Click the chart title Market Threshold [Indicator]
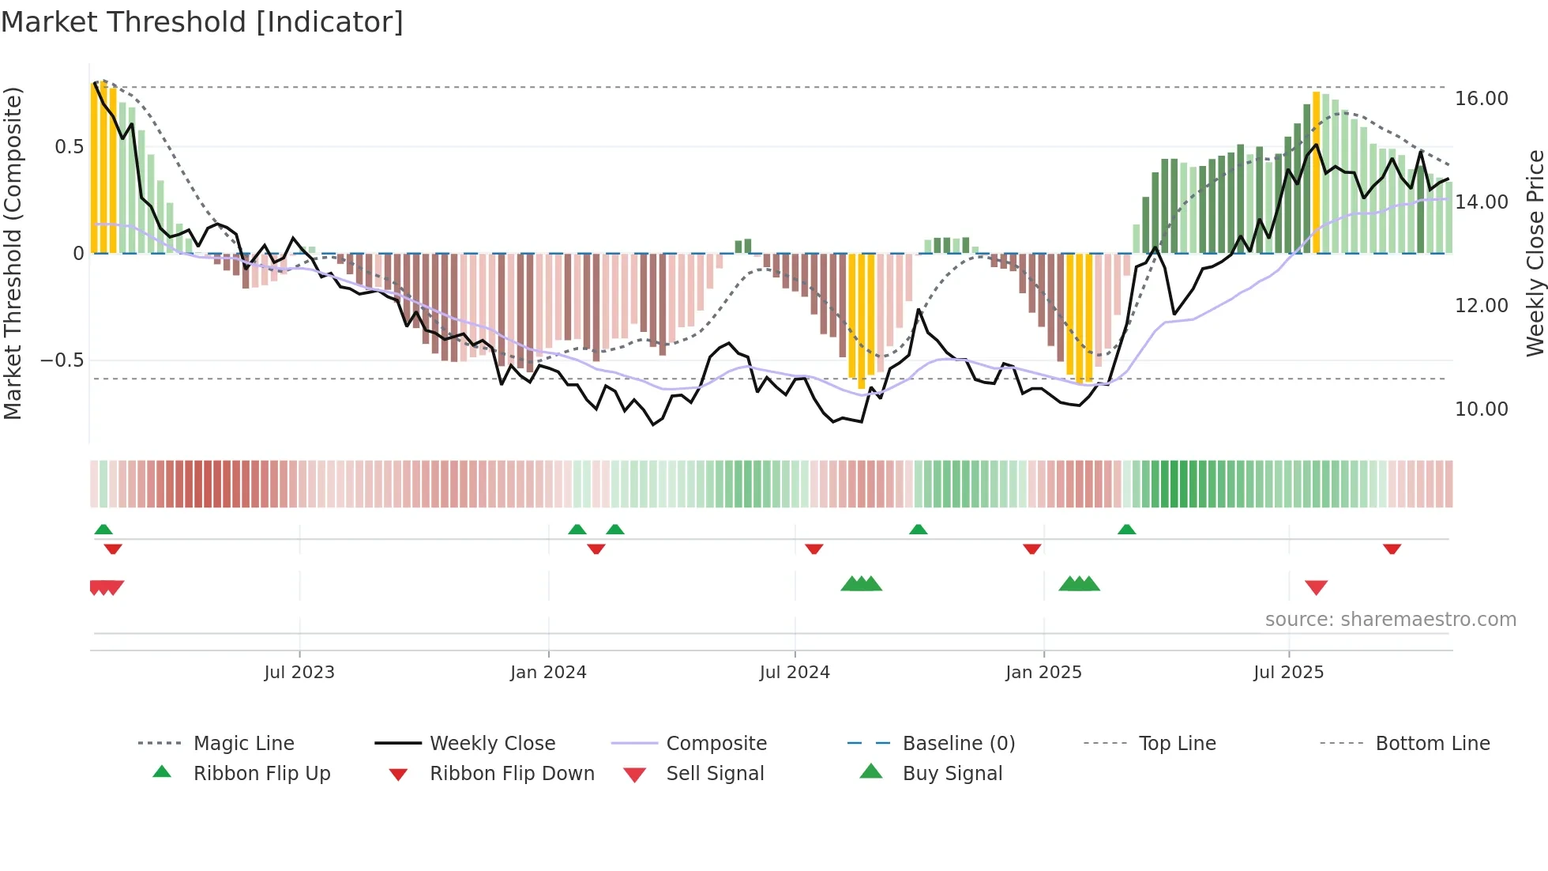(x=202, y=22)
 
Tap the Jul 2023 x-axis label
(x=299, y=673)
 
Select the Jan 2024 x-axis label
(x=548, y=673)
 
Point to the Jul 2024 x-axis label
(x=795, y=673)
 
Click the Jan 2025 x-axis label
(x=1043, y=673)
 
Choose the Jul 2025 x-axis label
(x=1288, y=673)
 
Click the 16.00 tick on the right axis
(x=1481, y=99)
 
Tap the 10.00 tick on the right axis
(x=1481, y=409)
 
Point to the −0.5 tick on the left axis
(x=62, y=360)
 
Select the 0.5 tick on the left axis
(x=70, y=147)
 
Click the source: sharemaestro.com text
(x=1390, y=620)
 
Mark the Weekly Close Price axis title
(x=1535, y=253)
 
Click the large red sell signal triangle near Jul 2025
(x=1316, y=587)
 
